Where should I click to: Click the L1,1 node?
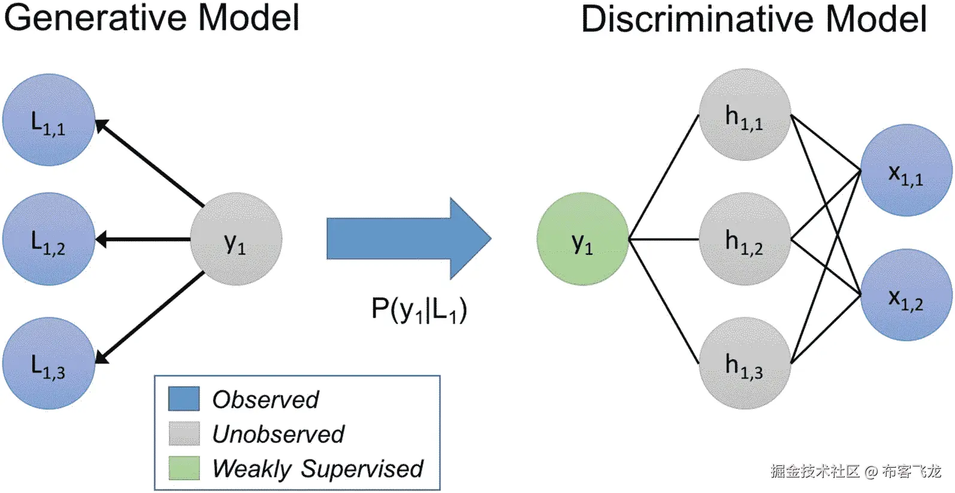click(x=49, y=120)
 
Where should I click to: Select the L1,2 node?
click(x=49, y=239)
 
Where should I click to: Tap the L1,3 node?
click(x=49, y=363)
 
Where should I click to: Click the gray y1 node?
click(x=236, y=239)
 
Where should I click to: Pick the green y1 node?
click(x=583, y=239)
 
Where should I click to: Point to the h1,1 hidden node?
click(x=745, y=115)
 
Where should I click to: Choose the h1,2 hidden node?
click(x=745, y=239)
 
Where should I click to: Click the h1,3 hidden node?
click(x=745, y=363)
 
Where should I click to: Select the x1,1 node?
click(x=906, y=170)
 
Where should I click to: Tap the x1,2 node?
click(x=906, y=295)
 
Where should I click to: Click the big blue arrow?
click(x=409, y=239)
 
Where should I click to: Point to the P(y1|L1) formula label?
click(x=419, y=309)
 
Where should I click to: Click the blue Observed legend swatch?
click(x=184, y=399)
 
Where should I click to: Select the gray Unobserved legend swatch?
click(x=184, y=434)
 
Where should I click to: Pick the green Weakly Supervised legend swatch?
click(x=184, y=468)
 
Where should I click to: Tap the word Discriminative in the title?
click(x=697, y=19)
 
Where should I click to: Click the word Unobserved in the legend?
click(x=278, y=434)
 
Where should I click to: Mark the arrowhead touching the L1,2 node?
click(x=101, y=239)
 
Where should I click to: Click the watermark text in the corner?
click(x=856, y=471)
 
